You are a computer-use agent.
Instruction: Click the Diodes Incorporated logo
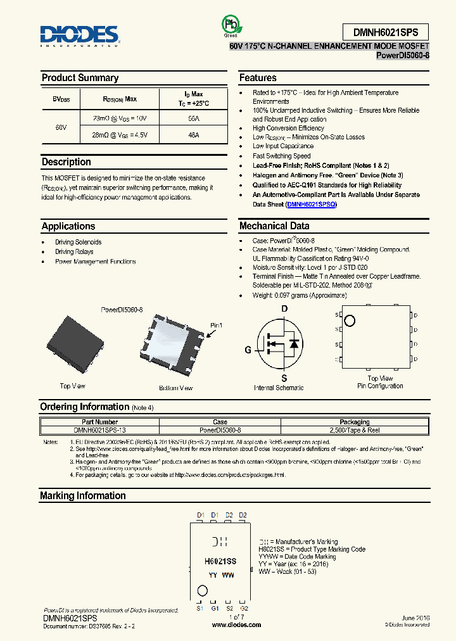pos(79,35)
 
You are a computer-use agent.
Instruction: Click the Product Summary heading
pos(80,78)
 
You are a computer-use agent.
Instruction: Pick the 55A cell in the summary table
pos(193,118)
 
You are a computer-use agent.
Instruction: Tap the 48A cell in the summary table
pos(193,135)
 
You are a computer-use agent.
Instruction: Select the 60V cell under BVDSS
pos(60,127)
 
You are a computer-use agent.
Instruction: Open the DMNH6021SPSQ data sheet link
pos(311,205)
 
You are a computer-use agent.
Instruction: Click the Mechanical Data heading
pos(274,226)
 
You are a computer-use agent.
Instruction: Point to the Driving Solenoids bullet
pos(78,242)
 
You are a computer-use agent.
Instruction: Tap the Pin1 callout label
pos(217,326)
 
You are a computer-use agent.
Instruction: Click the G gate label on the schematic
pos(248,350)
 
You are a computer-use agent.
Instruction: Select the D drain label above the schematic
pos(284,308)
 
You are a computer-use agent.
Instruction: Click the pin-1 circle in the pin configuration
pos(350,320)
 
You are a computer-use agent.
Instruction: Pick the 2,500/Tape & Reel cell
pos(355,429)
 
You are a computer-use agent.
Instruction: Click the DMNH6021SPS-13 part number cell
pos(99,429)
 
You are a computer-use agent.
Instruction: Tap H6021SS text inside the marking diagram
pos(220,561)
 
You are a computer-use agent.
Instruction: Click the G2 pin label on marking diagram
pos(244,608)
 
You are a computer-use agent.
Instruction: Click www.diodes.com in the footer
pos(236,625)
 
